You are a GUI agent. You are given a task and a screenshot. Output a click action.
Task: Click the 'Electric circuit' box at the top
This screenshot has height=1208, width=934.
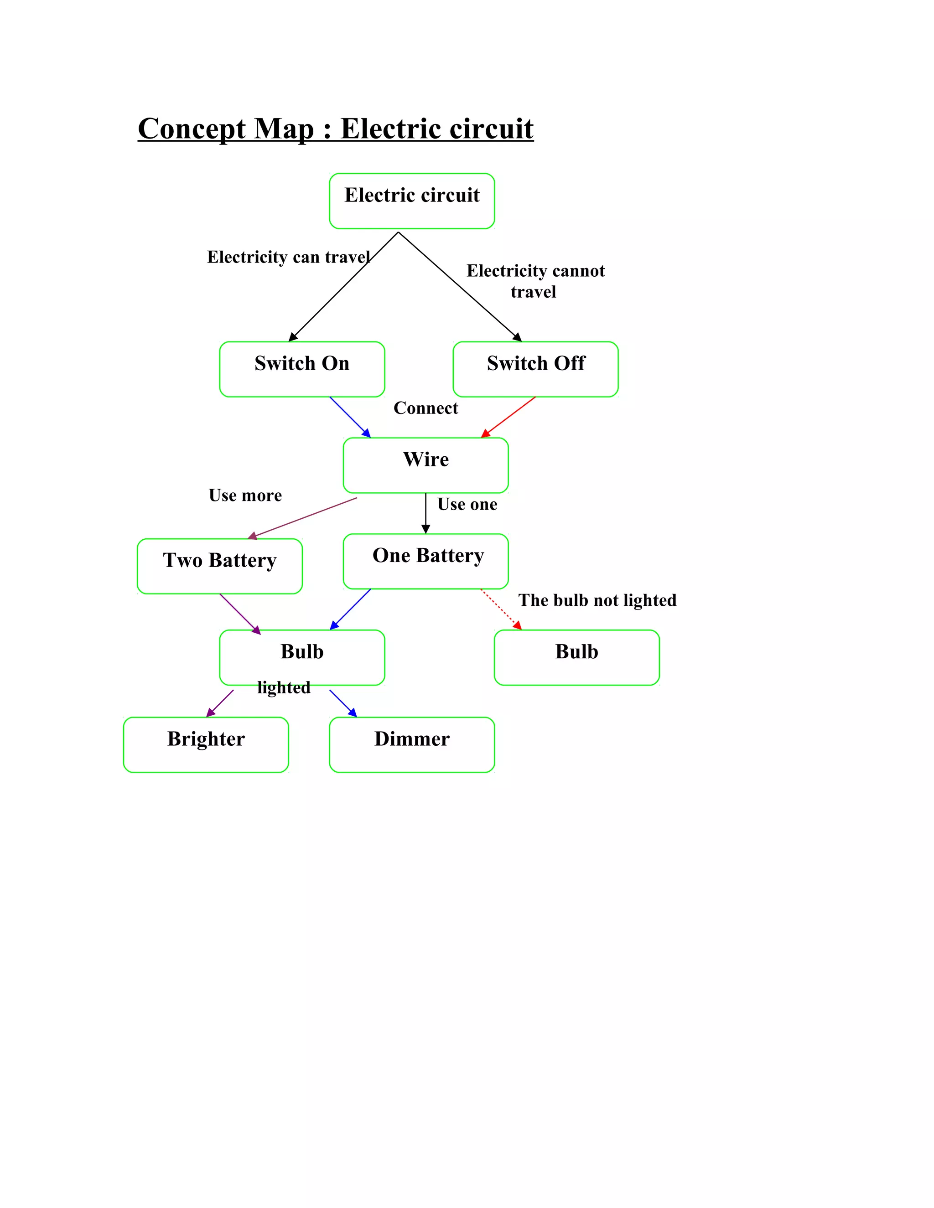[x=412, y=201]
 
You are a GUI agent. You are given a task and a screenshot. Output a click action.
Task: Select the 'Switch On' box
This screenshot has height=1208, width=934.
[x=301, y=369]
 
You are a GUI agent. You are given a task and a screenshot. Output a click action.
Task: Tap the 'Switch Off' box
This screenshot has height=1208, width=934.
[x=535, y=369]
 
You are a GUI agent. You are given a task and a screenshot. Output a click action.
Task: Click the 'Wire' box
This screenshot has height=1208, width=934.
[x=425, y=465]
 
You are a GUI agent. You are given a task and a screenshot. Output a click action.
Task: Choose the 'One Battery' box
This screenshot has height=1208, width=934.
[x=425, y=561]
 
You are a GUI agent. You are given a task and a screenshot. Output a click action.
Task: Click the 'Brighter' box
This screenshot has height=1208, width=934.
[x=206, y=744]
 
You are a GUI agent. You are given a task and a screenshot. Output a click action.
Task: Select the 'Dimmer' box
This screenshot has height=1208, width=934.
[x=412, y=744]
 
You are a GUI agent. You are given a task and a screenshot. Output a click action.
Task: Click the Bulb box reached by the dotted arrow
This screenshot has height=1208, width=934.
[x=576, y=657]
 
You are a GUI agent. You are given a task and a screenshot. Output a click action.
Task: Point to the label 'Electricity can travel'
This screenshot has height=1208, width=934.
[x=288, y=257]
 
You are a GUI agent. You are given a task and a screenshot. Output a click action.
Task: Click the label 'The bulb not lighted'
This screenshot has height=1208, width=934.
[x=597, y=600]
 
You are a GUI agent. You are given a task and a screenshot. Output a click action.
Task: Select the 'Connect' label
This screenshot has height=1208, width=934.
[x=425, y=408]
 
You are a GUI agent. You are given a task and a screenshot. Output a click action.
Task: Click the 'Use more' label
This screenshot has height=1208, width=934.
[x=245, y=495]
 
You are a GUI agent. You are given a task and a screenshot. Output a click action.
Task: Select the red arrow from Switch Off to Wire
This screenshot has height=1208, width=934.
[x=509, y=417]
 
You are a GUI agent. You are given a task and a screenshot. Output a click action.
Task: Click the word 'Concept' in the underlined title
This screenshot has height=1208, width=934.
[x=192, y=129]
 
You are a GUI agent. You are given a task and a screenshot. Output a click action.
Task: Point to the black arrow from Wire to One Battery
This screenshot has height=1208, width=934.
[x=425, y=511]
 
